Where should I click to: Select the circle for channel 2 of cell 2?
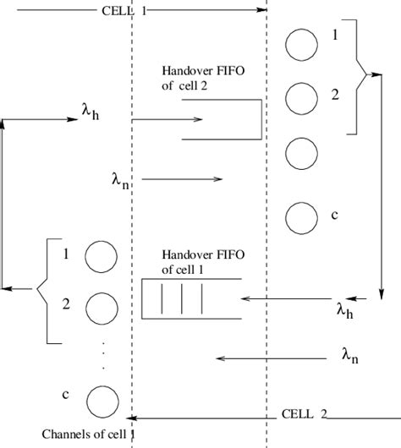[x=299, y=97]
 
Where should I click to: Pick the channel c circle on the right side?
[x=299, y=217]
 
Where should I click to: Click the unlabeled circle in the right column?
[x=299, y=155]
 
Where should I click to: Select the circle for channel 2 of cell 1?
[x=101, y=307]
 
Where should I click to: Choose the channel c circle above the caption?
[x=101, y=399]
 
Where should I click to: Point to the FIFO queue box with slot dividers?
[x=190, y=299]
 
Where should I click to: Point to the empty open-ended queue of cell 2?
[x=222, y=118]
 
